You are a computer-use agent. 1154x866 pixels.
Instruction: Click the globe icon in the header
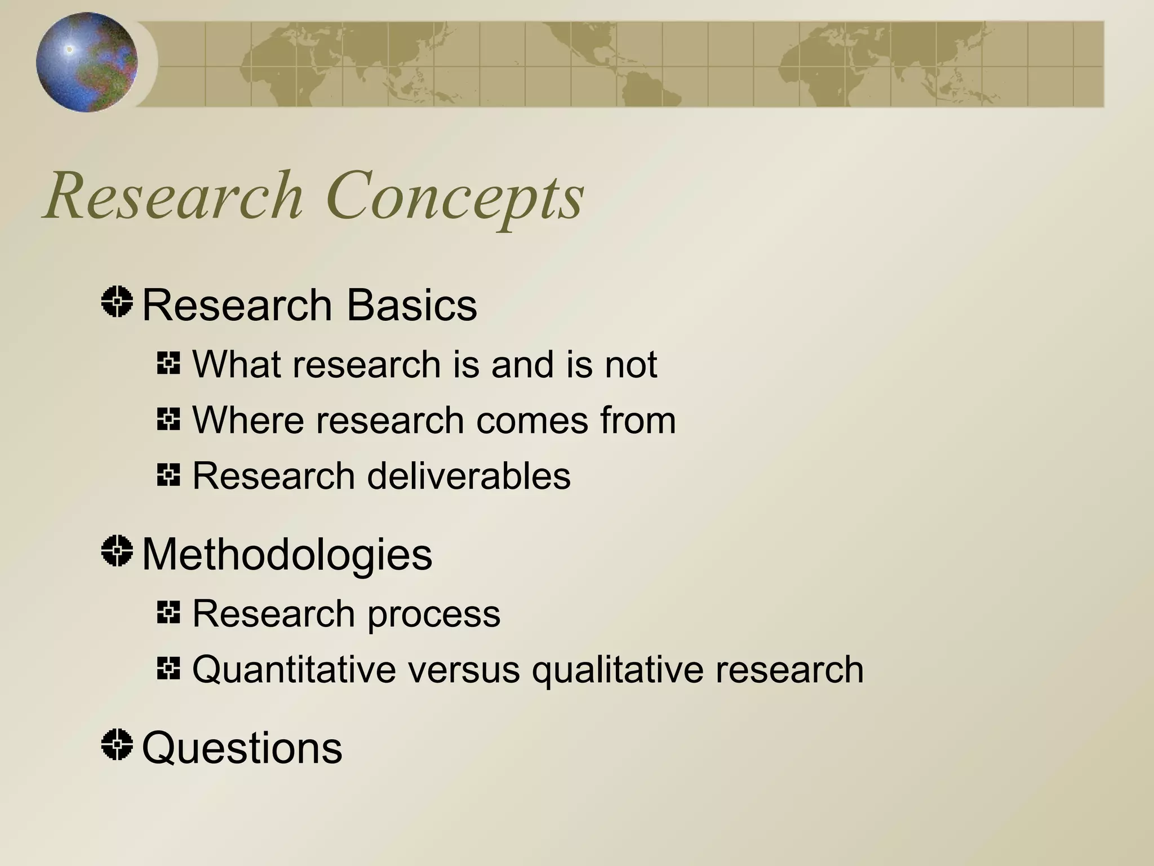coord(86,62)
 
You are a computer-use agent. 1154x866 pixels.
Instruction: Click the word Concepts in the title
coord(454,197)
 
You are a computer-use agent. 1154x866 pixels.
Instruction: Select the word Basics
coord(411,305)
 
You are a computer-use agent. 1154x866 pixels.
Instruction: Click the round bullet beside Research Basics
coord(117,302)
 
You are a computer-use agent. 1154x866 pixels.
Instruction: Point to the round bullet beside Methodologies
coord(117,551)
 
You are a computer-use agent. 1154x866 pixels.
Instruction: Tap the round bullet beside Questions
coord(117,744)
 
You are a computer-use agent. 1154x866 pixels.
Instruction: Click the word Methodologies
coord(287,555)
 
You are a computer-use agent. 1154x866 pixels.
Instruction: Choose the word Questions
coord(242,748)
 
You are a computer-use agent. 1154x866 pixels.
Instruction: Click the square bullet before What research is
coord(168,363)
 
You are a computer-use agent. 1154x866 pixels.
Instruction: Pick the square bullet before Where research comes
coord(168,419)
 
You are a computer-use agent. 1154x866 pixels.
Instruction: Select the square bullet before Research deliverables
coord(168,475)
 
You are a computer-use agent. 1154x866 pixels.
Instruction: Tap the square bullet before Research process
coord(168,612)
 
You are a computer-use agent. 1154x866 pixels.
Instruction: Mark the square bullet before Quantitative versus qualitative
coord(168,669)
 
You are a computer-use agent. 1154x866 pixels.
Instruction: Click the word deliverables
coord(469,476)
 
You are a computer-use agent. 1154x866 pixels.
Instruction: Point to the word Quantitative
coord(294,670)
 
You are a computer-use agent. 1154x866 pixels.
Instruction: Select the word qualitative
coord(618,671)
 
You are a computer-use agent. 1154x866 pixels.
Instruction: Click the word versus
coord(464,670)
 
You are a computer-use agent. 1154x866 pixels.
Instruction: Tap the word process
coord(434,615)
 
